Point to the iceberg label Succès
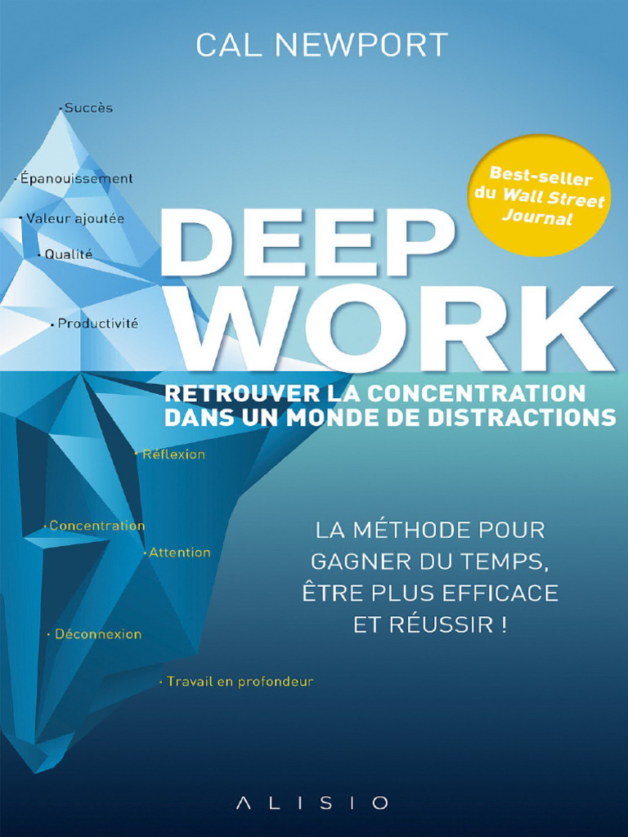(88, 108)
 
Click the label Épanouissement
(76, 178)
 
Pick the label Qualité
(69, 254)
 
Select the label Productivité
(98, 324)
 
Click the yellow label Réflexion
(173, 454)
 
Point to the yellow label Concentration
(96, 526)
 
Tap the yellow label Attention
(180, 553)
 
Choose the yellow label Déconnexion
(98, 634)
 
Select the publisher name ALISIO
(312, 803)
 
